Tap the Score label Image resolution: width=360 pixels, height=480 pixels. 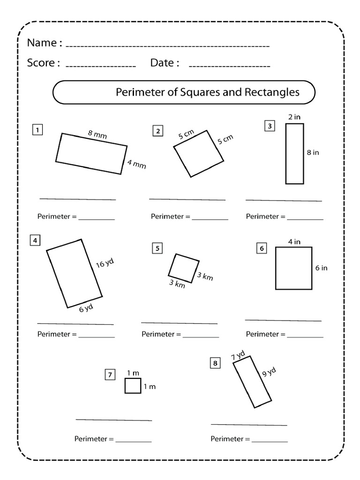[40, 63]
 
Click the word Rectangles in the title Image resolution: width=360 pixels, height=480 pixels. [272, 92]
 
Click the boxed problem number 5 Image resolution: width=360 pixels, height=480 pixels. [157, 248]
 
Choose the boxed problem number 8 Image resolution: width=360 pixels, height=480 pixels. [215, 362]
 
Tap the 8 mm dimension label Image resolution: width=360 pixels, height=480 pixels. [97, 135]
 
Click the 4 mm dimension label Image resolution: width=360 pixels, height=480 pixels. [137, 164]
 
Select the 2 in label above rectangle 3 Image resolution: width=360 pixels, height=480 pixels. [294, 117]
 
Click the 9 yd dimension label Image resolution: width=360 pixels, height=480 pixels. [269, 373]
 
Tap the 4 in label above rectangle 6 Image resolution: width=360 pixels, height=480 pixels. [294, 242]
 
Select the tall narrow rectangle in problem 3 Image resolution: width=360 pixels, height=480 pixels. [294, 153]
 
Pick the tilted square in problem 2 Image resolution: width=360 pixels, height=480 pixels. [199, 154]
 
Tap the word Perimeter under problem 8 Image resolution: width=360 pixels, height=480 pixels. [227, 439]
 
